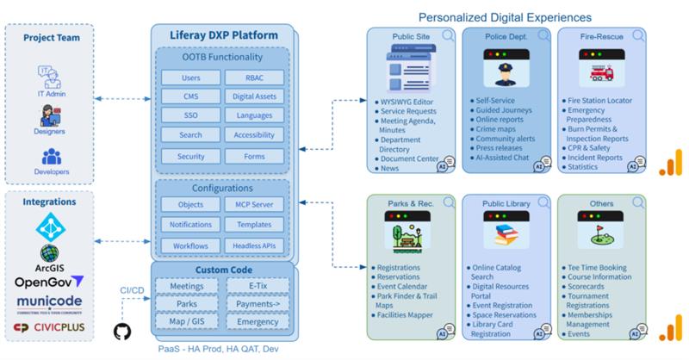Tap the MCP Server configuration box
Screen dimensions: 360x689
click(253, 204)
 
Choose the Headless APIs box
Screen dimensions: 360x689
click(253, 245)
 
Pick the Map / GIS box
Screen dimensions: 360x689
click(186, 322)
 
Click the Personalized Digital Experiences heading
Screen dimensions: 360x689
click(504, 16)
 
